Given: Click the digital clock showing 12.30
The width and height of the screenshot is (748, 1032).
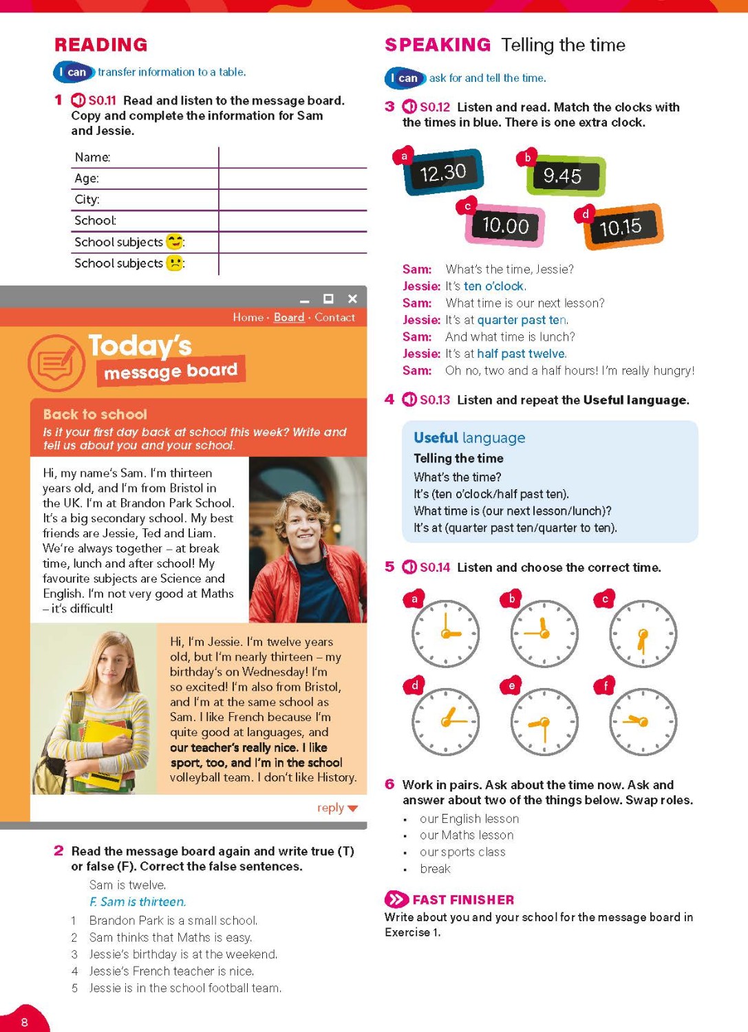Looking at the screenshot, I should click(444, 172).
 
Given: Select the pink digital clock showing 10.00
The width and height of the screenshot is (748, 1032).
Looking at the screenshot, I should click(506, 225).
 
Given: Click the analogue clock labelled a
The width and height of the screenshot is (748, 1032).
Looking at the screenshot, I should click(445, 634).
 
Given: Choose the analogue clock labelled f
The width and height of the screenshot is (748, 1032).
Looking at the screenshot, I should click(643, 722).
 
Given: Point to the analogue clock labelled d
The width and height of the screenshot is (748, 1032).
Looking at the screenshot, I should click(445, 722).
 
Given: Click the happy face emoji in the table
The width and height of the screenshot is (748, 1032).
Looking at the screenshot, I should click(175, 241).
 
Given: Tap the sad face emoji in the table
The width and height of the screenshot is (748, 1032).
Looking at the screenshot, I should click(175, 263).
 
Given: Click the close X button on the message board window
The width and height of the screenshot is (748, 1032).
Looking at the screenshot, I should click(352, 299).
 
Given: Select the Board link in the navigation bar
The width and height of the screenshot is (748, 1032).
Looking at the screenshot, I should click(289, 317).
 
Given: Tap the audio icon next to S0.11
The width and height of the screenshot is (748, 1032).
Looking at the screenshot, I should click(78, 100).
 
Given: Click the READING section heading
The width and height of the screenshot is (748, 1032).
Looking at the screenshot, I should click(101, 45).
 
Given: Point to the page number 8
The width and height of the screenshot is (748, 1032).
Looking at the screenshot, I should click(25, 1022).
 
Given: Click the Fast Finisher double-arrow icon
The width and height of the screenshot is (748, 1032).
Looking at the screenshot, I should click(396, 899).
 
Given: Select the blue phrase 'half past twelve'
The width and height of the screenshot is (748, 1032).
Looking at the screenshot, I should click(521, 354).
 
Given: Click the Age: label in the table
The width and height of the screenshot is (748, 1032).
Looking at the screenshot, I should click(87, 178).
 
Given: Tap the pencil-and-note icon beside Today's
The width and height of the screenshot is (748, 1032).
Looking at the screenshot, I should click(56, 363).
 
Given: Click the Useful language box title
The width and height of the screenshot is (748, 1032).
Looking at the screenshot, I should click(469, 438).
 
